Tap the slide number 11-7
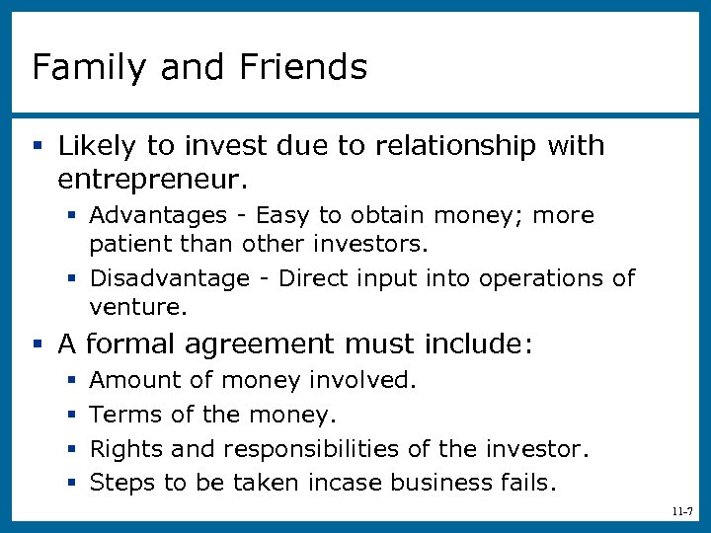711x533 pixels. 680,511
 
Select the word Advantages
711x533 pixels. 159,215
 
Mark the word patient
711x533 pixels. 123,243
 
